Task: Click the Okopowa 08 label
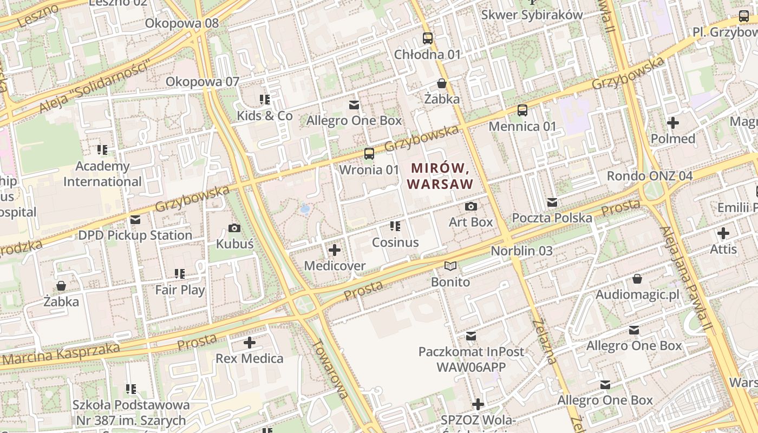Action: [182, 23]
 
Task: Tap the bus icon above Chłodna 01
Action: [428, 38]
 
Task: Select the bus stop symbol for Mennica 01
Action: [522, 110]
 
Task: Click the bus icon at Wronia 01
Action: [369, 154]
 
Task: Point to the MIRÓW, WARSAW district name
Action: [440, 176]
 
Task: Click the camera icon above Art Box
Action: [471, 206]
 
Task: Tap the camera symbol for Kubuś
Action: [234, 228]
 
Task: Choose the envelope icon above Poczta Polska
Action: [552, 202]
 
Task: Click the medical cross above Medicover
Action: [335, 250]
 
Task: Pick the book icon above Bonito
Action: [450, 266]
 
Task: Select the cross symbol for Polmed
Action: [673, 123]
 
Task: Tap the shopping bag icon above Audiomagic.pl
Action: [637, 279]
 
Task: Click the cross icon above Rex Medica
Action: [250, 343]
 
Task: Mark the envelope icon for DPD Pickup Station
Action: [135, 220]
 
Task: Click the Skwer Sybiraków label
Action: [532, 15]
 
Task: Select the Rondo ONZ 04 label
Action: [649, 176]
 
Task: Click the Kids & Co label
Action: [265, 116]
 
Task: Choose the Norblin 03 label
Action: [521, 251]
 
